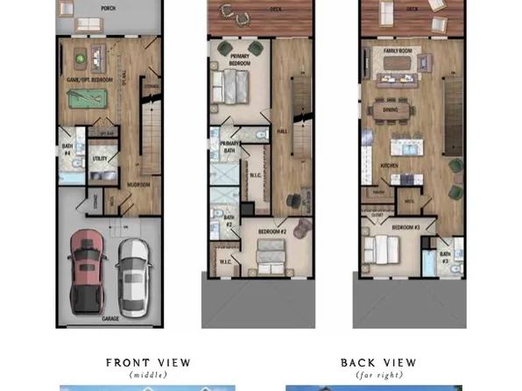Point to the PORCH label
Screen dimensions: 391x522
109,8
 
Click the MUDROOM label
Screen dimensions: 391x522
139,185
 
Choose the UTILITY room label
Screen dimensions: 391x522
99,159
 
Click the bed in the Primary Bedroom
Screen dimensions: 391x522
235,86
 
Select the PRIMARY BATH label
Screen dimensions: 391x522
229,147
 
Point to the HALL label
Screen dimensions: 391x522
282,131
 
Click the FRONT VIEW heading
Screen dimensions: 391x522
148,363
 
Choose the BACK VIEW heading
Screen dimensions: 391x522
378,363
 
